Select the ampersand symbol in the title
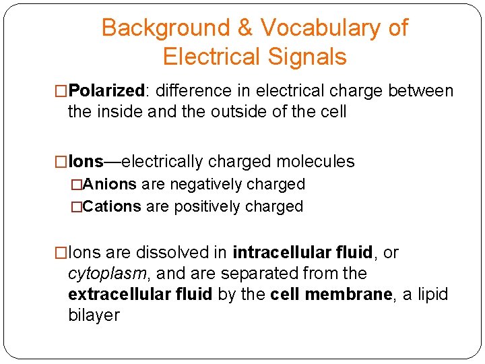click(245, 28)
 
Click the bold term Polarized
click(107, 91)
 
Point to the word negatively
click(205, 185)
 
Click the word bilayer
click(94, 315)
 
